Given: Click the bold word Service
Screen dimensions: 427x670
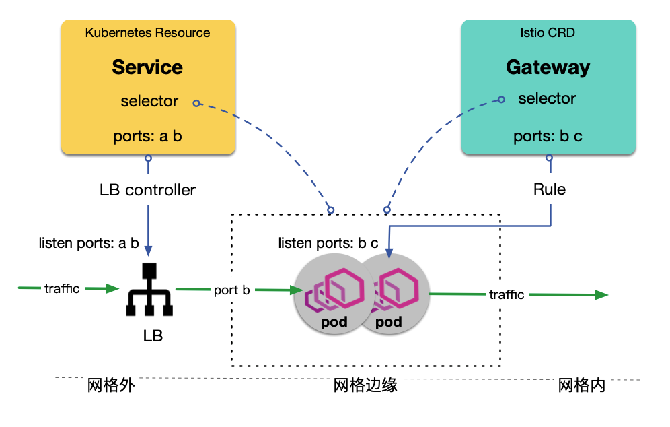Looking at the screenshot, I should (147, 67).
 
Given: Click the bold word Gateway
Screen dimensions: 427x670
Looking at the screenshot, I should (548, 67).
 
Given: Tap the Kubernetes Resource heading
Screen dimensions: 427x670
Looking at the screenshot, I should (147, 32).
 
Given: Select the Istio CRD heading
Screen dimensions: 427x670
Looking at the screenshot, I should (548, 32).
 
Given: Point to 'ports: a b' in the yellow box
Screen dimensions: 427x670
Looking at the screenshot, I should (147, 136).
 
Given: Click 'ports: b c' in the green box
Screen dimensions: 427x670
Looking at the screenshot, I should (548, 136).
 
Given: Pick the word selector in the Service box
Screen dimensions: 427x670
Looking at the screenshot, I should (149, 101).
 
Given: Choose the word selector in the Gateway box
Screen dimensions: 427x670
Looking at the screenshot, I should (547, 98).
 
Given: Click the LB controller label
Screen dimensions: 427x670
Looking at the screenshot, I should (147, 190).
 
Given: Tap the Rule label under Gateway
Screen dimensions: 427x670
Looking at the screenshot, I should (549, 189).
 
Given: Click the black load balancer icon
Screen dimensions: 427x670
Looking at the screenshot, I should (149, 290).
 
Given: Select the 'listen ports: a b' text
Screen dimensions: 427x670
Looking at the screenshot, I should (89, 242).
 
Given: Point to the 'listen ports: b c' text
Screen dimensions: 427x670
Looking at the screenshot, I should (329, 242).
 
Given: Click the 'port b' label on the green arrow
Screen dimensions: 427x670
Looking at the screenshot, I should (232, 290).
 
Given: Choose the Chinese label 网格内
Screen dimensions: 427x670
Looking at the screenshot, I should (582, 386).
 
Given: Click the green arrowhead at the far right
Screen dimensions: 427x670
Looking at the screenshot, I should (601, 295).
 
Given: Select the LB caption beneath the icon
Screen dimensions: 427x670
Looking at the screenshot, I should (153, 335).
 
